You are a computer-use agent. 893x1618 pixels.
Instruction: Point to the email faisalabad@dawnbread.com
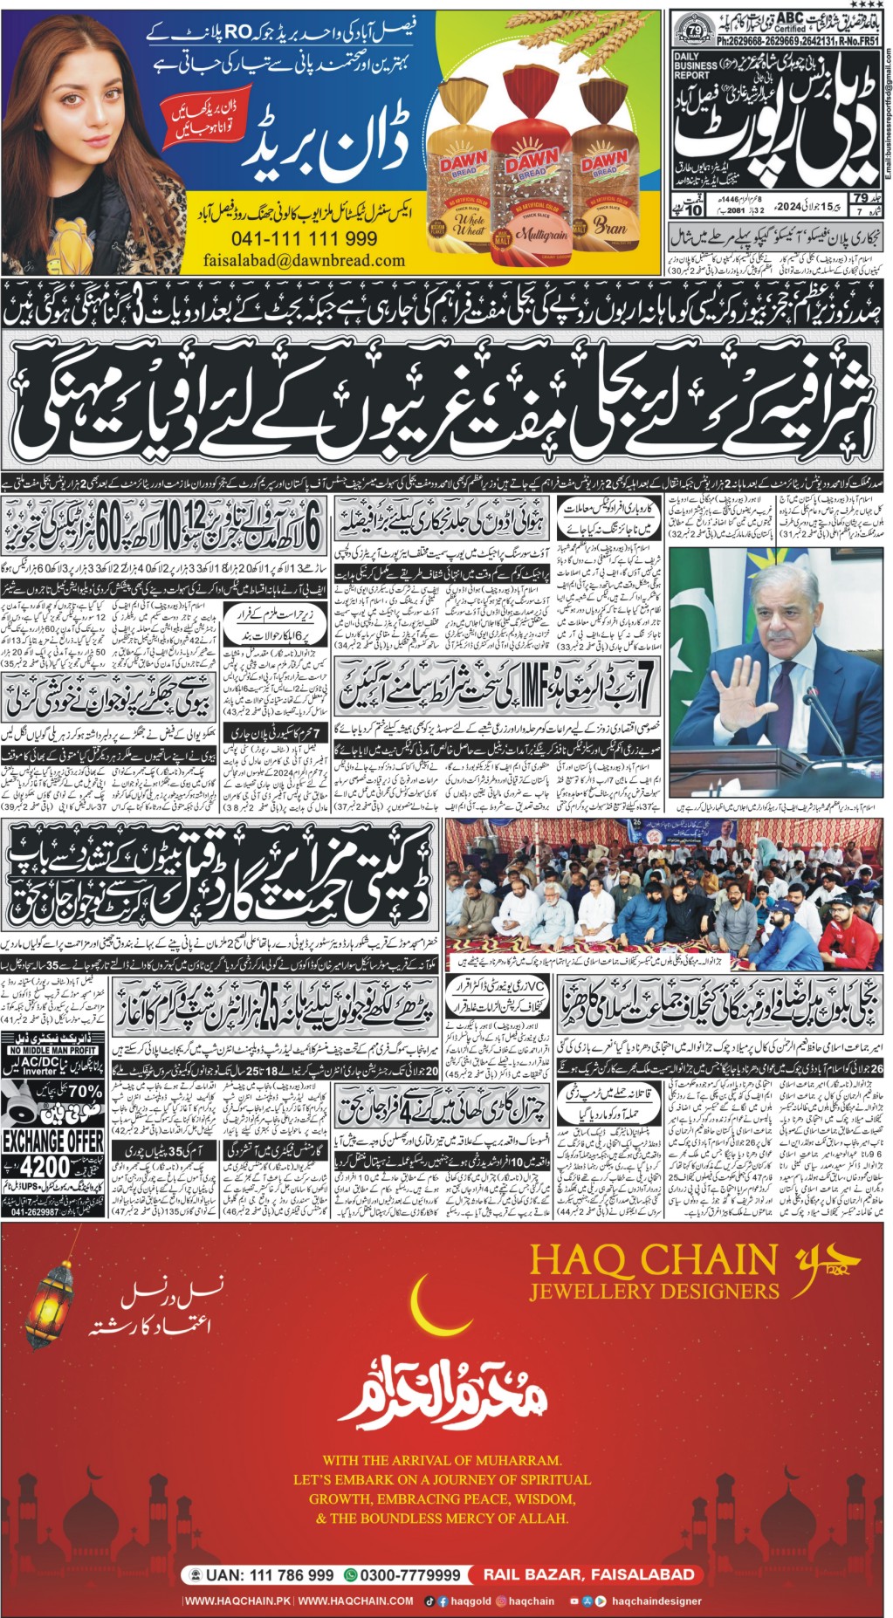point(304,260)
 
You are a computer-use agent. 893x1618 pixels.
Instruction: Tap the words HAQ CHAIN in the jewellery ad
point(654,1260)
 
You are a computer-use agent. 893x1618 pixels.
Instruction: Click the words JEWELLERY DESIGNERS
point(654,1291)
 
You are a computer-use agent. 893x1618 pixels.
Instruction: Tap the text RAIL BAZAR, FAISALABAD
point(589,1574)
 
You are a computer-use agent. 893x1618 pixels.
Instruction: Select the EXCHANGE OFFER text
point(53,1141)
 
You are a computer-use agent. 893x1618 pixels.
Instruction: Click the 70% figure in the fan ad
point(85,1091)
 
